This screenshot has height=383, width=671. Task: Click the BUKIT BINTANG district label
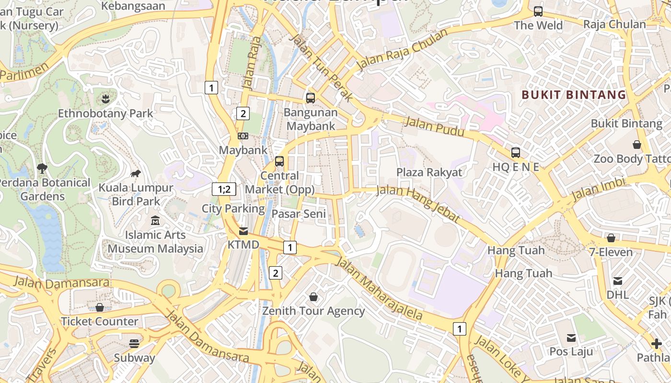pyautogui.click(x=574, y=95)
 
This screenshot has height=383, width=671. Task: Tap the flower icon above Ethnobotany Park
pyautogui.click(x=105, y=99)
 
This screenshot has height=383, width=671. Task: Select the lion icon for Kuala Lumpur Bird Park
pyautogui.click(x=136, y=173)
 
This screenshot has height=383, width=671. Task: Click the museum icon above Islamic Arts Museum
pyautogui.click(x=155, y=221)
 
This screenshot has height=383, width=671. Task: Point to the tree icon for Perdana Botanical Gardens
pyautogui.click(x=42, y=168)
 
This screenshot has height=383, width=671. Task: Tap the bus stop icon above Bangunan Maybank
pyautogui.click(x=311, y=98)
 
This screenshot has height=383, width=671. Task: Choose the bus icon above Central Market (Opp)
pyautogui.click(x=279, y=161)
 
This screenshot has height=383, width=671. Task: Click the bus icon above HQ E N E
pyautogui.click(x=516, y=153)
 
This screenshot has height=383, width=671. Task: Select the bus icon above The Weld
pyautogui.click(x=538, y=11)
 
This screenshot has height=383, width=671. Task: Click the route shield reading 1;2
pyautogui.click(x=224, y=189)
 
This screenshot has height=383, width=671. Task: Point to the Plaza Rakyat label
pyautogui.click(x=429, y=172)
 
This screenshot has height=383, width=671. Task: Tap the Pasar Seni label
pyautogui.click(x=299, y=214)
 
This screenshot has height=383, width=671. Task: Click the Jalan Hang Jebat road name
pyautogui.click(x=418, y=203)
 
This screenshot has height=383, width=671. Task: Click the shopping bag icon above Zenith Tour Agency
pyautogui.click(x=313, y=297)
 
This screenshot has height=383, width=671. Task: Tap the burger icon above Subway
pyautogui.click(x=134, y=343)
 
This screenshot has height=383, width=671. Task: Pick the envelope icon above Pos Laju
pyautogui.click(x=571, y=338)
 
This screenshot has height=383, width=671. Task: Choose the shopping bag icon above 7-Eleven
pyautogui.click(x=611, y=238)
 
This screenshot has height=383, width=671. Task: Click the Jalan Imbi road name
pyautogui.click(x=599, y=190)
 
